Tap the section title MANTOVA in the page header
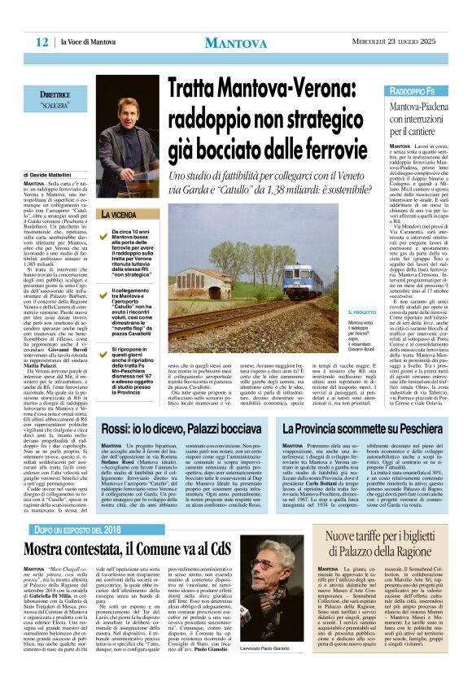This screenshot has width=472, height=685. coord(236,42)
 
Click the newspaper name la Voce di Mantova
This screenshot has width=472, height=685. coord(89,41)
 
